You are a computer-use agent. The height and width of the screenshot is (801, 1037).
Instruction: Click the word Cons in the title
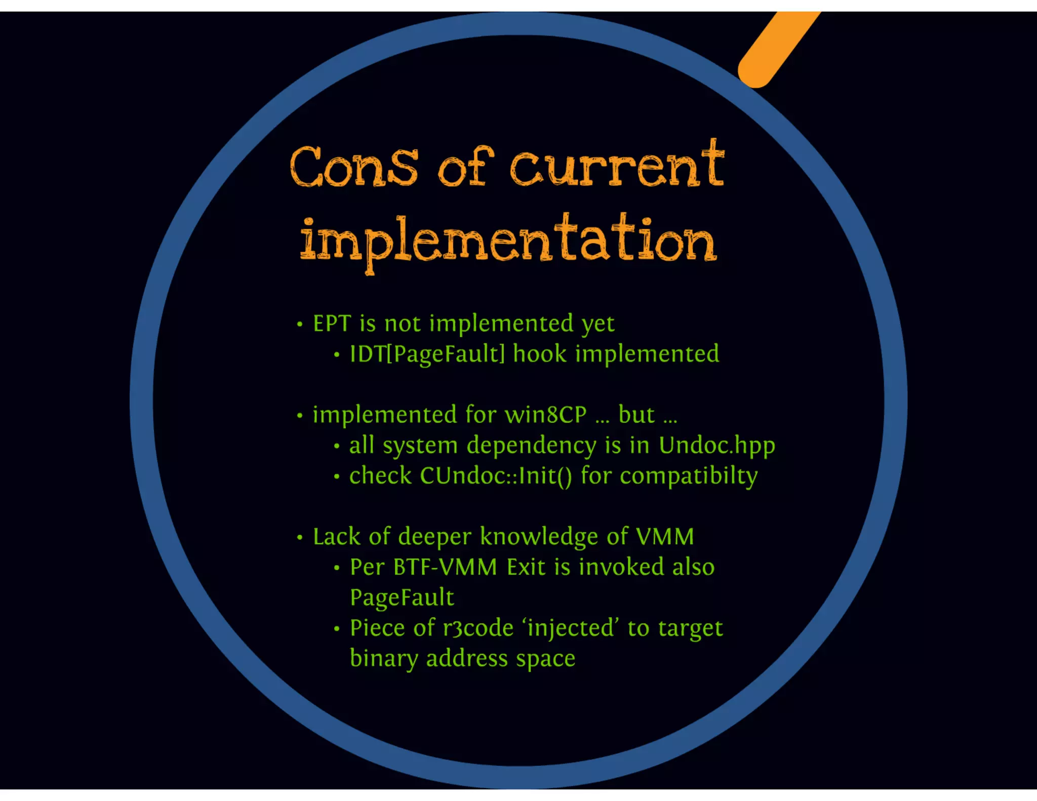pyautogui.click(x=354, y=167)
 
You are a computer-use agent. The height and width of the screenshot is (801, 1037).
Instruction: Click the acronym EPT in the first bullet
pyautogui.click(x=332, y=324)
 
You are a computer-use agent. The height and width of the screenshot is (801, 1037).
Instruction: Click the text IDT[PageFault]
pyautogui.click(x=427, y=354)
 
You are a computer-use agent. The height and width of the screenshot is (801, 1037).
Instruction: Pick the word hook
pyautogui.click(x=539, y=353)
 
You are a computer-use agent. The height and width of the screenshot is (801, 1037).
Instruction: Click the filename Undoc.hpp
pyautogui.click(x=716, y=446)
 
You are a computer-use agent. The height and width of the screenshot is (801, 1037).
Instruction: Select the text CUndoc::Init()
pyautogui.click(x=496, y=476)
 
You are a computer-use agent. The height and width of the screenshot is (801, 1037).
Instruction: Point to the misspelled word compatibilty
pyautogui.click(x=689, y=476)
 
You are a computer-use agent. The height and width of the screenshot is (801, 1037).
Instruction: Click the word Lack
pyautogui.click(x=336, y=537)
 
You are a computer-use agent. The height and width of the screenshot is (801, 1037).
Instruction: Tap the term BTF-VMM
pyautogui.click(x=445, y=567)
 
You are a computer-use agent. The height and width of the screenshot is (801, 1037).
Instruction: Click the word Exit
pyautogui.click(x=527, y=567)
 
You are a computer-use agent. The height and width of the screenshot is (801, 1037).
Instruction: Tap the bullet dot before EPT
pyautogui.click(x=300, y=324)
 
